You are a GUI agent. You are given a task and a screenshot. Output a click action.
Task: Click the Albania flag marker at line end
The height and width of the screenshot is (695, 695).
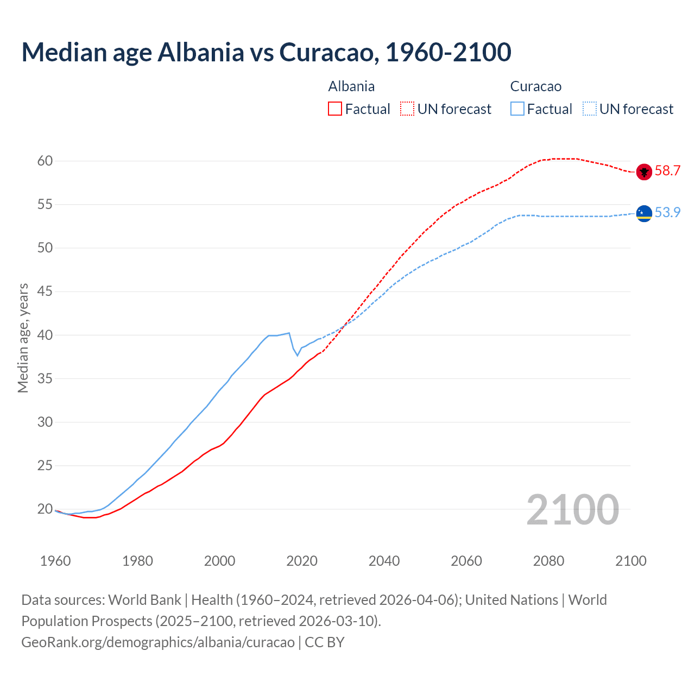click(644, 172)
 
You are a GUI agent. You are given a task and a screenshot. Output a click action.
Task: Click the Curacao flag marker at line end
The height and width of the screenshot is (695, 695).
click(644, 214)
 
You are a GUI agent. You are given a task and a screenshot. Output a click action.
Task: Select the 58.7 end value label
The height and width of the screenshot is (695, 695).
click(667, 171)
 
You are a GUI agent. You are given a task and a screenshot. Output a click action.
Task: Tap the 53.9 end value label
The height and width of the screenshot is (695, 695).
click(667, 213)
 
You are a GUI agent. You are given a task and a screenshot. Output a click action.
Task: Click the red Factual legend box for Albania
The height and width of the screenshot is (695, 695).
click(335, 109)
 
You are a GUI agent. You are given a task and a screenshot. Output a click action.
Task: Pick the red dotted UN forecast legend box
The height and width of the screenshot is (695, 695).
click(407, 109)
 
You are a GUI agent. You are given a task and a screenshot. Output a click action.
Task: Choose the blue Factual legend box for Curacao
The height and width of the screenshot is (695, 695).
click(517, 109)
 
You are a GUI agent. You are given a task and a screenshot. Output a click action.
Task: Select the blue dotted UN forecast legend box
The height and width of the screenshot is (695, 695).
click(589, 109)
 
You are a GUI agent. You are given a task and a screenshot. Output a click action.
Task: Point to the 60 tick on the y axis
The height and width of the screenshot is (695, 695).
click(45, 161)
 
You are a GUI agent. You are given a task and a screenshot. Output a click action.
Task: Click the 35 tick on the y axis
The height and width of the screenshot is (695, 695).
click(45, 378)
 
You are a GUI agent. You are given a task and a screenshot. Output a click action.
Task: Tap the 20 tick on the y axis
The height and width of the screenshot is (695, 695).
click(45, 509)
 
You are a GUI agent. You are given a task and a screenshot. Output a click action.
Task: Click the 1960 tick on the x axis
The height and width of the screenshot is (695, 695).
click(55, 561)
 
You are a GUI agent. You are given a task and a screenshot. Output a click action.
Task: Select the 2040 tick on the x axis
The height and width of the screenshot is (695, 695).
click(384, 561)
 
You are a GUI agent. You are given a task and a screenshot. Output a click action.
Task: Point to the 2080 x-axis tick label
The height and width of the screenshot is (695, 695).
click(548, 561)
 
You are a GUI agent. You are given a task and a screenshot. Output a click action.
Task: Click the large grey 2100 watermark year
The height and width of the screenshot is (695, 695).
click(572, 509)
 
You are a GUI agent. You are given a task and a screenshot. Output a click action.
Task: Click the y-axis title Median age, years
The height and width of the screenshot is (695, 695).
click(23, 338)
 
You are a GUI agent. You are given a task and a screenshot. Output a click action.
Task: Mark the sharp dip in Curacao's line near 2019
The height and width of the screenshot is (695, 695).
click(297, 355)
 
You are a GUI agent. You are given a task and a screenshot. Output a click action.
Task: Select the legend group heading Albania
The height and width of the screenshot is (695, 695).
click(351, 86)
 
